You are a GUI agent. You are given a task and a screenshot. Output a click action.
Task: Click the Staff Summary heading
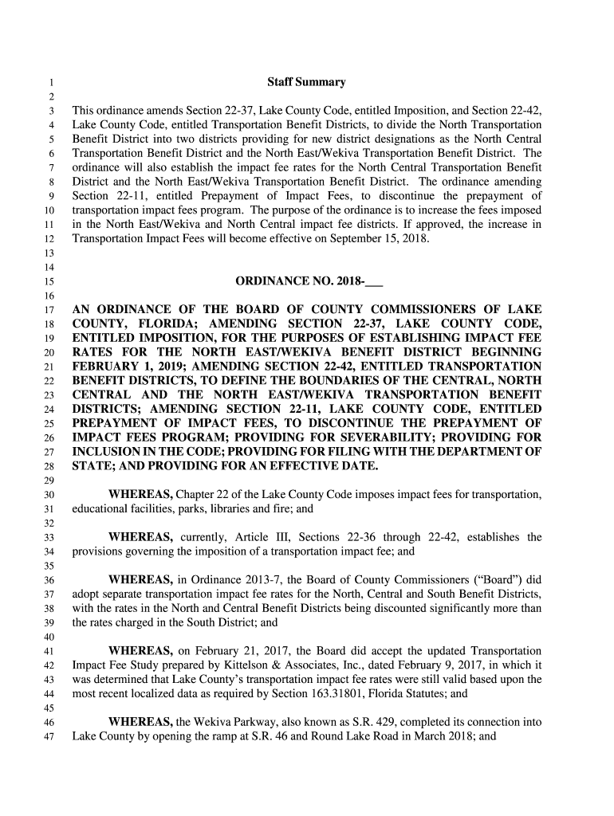tap(307, 82)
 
